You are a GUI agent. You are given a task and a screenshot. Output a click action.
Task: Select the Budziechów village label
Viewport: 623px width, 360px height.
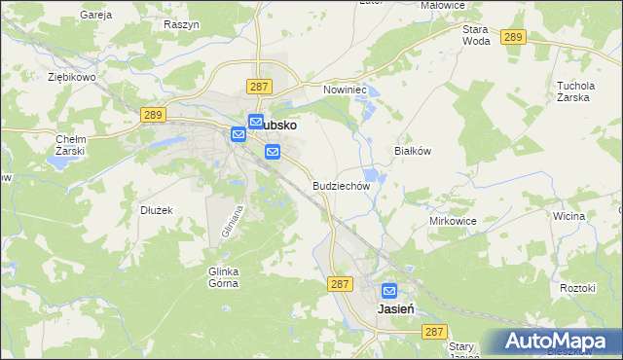point(341,185)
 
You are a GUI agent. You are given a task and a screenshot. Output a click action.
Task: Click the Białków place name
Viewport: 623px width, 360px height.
point(411,151)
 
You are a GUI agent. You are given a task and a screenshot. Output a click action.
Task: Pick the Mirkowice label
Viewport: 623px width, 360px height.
point(453,221)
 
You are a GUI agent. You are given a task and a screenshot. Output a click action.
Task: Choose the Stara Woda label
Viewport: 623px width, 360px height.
point(476,36)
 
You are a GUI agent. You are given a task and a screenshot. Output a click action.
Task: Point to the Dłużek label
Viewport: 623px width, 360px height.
point(156,209)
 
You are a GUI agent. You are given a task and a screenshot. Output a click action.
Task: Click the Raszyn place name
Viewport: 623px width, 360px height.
point(182,23)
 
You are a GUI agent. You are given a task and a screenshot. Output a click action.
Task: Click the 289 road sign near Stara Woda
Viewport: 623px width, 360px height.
point(514,37)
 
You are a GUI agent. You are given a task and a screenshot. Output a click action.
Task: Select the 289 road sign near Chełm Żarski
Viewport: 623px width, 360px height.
point(152,115)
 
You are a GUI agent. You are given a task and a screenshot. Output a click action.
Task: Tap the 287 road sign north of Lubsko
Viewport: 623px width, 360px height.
point(258,87)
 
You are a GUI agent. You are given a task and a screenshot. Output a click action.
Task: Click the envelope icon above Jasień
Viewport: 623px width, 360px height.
point(389,290)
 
